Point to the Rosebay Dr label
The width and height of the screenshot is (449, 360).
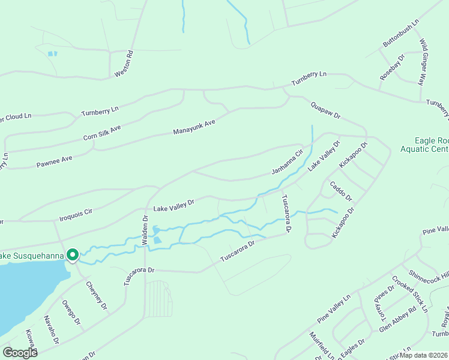(x=393, y=67)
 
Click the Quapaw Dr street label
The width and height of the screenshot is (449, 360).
(x=325, y=110)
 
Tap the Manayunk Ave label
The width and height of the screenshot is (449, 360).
(x=194, y=126)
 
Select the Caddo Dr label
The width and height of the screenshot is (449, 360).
(x=340, y=188)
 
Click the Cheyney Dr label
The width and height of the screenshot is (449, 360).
(x=96, y=295)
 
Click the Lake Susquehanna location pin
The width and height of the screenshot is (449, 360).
(x=73, y=255)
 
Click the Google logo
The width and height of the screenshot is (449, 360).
(x=20, y=353)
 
